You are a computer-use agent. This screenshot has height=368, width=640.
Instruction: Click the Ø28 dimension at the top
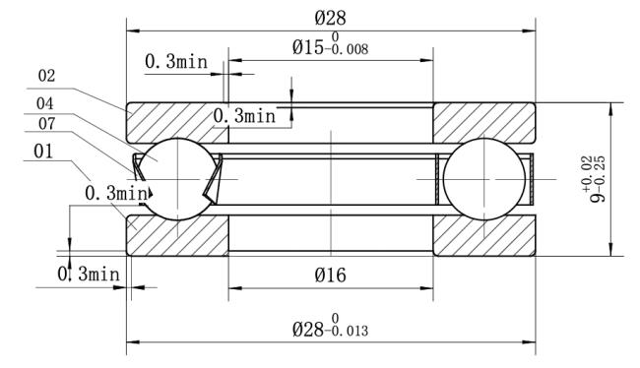330,18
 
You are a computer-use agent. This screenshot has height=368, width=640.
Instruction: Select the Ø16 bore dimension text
330,276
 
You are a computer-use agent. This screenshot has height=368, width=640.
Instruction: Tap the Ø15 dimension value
308,48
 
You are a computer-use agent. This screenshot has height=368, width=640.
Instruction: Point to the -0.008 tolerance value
347,50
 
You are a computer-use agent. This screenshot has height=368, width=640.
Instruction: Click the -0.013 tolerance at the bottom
347,331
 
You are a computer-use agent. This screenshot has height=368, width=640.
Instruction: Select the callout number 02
46,76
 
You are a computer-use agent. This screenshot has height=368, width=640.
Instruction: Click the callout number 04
44,103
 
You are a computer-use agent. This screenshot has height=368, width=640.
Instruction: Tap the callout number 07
46,124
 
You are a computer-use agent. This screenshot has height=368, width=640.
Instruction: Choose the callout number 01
43,152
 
